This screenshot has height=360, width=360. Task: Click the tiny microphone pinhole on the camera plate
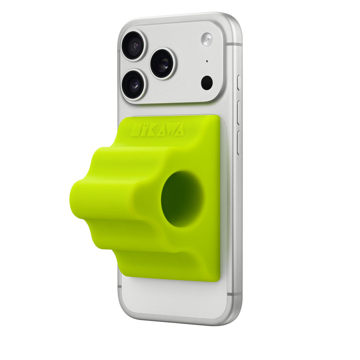tap(207, 61)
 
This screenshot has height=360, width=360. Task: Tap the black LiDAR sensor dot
tap(207, 82)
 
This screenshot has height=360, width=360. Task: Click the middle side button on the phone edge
tap(239, 112)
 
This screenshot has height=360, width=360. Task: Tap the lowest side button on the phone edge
tap(239, 142)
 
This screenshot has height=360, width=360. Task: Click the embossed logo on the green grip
tap(157, 129)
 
